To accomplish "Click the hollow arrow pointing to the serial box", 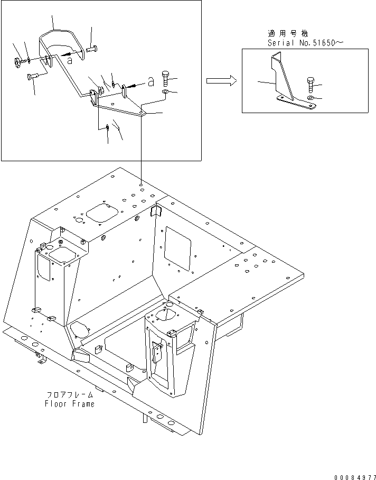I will (221, 80).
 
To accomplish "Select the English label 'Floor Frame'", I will (70, 404).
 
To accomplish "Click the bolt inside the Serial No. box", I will (311, 85).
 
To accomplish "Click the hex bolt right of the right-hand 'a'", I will (166, 79).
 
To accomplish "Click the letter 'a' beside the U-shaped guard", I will (69, 60).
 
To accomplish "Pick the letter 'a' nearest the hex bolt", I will (151, 81).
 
